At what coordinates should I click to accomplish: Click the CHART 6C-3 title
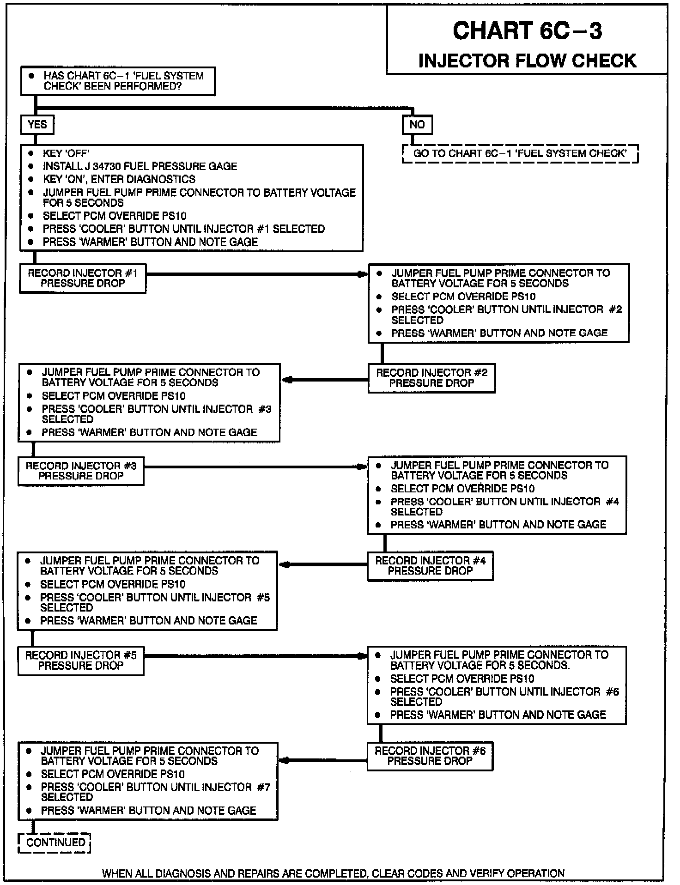(527, 31)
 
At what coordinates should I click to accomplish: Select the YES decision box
(37, 125)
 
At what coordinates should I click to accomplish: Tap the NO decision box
(417, 125)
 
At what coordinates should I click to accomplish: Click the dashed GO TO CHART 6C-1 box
(520, 154)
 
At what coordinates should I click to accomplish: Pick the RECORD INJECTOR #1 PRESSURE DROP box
(83, 279)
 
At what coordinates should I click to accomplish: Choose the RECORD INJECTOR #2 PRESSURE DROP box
(431, 378)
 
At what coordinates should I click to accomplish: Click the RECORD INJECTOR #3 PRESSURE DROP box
(81, 471)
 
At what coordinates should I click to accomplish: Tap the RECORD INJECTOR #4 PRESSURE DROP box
(430, 565)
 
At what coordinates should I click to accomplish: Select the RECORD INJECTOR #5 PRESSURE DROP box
(81, 661)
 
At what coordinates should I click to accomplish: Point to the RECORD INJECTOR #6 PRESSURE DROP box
(430, 756)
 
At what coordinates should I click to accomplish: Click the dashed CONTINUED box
(55, 843)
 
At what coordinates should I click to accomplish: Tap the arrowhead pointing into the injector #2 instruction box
(363, 274)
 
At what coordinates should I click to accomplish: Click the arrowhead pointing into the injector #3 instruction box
(286, 380)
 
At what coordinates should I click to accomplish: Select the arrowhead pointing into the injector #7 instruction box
(284, 760)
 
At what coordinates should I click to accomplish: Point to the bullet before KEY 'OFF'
(31, 153)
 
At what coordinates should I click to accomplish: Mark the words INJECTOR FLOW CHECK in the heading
(527, 61)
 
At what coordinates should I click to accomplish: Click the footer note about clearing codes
(333, 873)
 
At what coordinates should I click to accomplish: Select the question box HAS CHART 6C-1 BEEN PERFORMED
(118, 81)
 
